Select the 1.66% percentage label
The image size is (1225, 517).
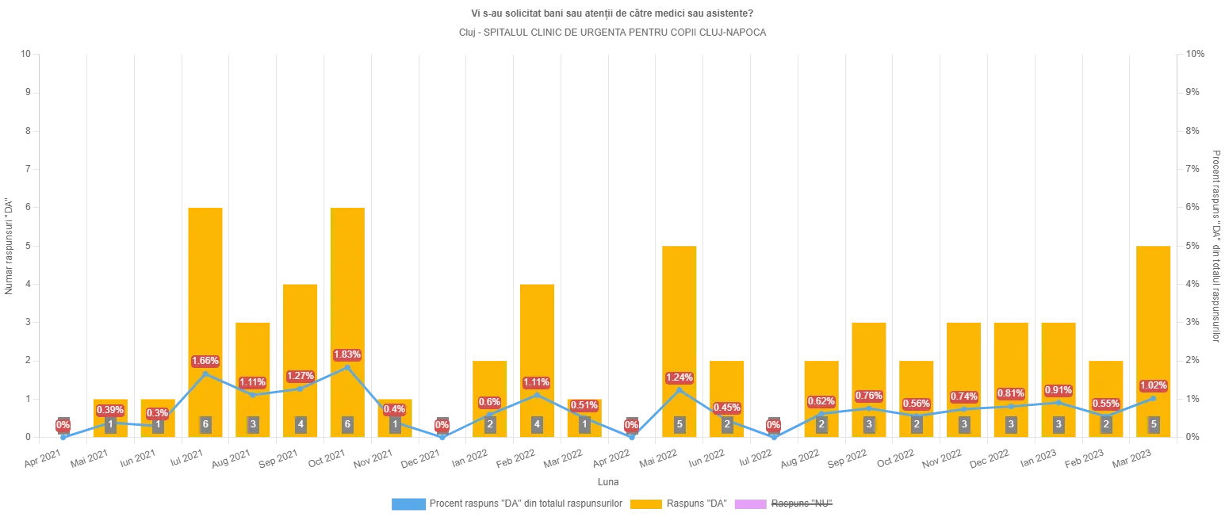pos(205,361)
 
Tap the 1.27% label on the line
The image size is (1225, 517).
pos(300,375)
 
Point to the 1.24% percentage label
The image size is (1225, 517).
pos(679,377)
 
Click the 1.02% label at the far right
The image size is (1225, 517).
pos(1153,385)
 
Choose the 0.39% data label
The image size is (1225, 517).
pos(110,410)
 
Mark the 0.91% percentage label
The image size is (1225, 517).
pos(1058,390)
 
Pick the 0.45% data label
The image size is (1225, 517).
pos(727,408)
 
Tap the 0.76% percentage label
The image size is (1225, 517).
pos(869,396)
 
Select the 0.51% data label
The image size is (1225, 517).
pos(584,405)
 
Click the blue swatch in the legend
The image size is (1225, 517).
pos(408,504)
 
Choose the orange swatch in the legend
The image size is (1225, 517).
pos(645,504)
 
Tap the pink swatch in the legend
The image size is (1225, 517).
pos(748,504)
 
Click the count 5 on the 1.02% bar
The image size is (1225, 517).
pos(1154,424)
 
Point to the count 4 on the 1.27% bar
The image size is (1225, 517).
pos(300,424)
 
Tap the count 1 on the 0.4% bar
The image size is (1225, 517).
pos(395,424)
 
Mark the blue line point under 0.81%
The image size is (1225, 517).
pos(1011,406)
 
